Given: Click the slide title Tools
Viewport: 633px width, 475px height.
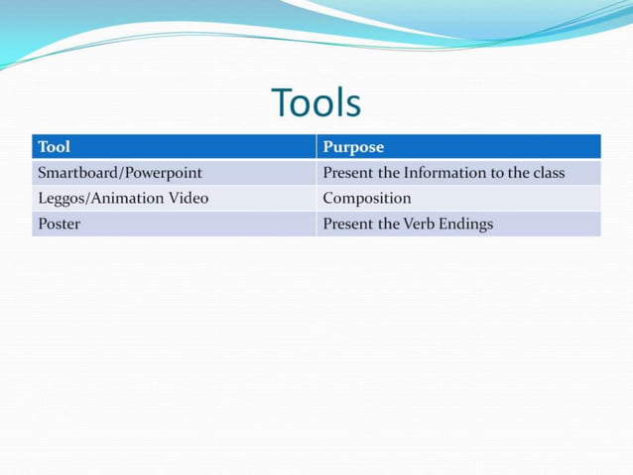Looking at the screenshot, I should (x=316, y=102).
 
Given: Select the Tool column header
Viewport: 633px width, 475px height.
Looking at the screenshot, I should (x=54, y=147).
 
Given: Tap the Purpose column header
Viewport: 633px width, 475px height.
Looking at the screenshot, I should (x=353, y=147).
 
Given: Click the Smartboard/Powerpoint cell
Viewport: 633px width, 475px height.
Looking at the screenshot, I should (x=120, y=173).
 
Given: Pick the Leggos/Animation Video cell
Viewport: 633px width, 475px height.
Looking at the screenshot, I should (x=123, y=198).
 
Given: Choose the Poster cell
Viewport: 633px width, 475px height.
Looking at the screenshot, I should (x=59, y=224).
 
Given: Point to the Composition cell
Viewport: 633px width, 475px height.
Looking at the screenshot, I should (x=366, y=198).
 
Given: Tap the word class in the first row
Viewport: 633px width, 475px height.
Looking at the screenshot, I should (x=547, y=173).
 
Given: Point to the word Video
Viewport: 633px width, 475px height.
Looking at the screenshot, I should (x=189, y=198).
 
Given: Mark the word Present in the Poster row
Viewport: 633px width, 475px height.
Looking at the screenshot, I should (x=347, y=224).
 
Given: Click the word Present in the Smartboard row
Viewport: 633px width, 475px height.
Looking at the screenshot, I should (x=347, y=173).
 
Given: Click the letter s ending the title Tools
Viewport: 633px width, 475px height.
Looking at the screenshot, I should (x=352, y=105).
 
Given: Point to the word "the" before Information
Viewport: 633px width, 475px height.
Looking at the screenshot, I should (x=390, y=173).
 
